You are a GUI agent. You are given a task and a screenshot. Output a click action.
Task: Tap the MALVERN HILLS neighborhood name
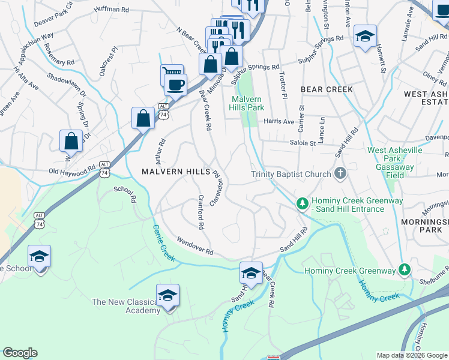175,172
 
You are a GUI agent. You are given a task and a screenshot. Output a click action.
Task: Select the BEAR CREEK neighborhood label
327,89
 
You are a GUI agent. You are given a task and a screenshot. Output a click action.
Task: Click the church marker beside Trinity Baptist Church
340,175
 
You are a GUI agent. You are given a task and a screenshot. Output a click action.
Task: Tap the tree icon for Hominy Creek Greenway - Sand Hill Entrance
303,204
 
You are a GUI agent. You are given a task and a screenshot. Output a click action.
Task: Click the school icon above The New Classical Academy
168,295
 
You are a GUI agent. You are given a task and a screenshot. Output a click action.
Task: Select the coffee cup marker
175,85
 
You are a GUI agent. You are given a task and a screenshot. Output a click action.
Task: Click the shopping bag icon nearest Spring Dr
71,142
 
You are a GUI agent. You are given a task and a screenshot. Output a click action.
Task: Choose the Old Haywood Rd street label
73,171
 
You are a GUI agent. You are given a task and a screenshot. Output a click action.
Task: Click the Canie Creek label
163,243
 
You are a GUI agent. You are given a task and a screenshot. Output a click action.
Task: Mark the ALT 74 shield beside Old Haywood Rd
105,169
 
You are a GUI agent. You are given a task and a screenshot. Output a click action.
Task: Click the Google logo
20,353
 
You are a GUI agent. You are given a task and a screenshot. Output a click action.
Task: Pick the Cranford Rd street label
201,213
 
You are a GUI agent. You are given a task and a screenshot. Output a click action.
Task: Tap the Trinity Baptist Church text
291,175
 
